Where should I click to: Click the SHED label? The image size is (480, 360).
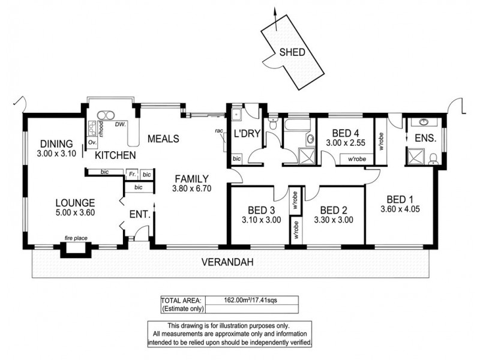293,52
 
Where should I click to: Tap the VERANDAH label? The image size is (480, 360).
226,262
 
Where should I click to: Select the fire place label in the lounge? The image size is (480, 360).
76,238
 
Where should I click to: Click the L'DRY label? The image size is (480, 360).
245,133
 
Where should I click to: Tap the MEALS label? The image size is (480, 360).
164,139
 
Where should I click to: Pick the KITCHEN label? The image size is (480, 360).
115,155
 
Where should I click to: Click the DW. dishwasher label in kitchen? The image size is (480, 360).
119,124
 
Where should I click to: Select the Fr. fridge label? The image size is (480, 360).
131,174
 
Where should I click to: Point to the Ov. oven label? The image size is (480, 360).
92,143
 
